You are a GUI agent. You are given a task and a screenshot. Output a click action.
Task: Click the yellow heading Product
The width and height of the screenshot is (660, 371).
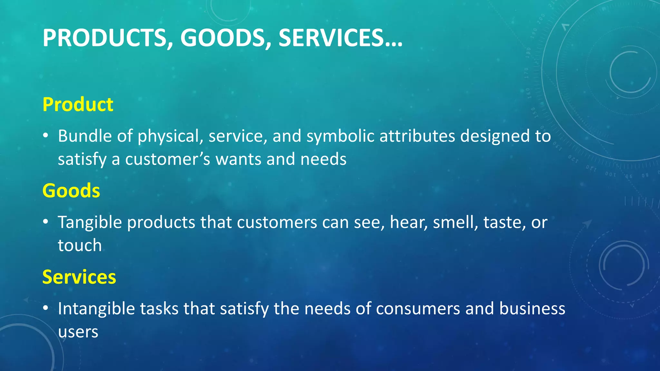[78, 104]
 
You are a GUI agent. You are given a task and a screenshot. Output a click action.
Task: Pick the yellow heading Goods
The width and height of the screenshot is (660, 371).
[71, 190]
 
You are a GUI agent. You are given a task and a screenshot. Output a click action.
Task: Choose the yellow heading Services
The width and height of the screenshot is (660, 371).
[79, 277]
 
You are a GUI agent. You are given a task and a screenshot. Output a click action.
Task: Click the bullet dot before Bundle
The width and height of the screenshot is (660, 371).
[46, 136]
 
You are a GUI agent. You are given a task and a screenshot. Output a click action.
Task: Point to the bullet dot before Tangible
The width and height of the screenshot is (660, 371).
[46, 222]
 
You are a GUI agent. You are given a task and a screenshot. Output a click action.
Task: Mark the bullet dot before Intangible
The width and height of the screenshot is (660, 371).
[46, 308]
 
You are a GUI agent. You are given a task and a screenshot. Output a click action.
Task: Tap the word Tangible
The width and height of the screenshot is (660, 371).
[90, 222]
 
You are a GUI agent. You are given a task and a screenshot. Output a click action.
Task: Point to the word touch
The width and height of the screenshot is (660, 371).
[80, 245]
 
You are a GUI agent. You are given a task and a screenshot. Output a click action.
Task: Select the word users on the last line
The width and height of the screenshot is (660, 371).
[78, 332]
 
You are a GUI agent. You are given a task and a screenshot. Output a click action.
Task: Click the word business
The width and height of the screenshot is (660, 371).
[532, 309]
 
